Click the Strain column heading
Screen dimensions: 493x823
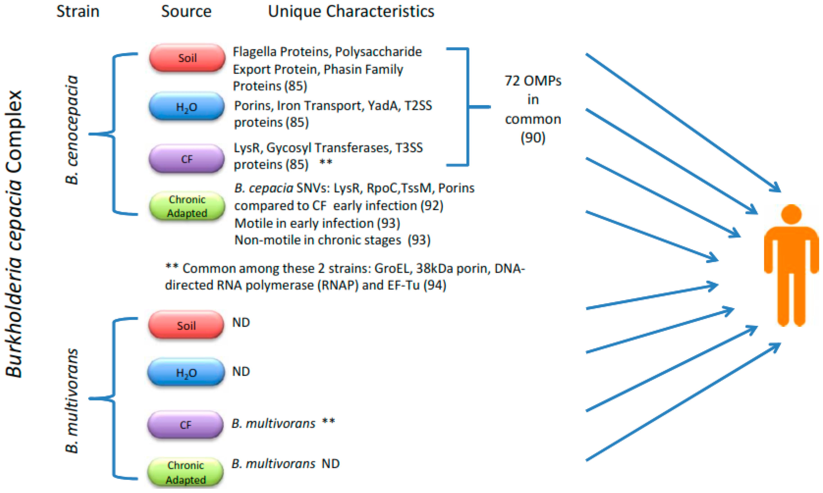tap(78, 12)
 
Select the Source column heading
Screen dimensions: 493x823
tap(186, 12)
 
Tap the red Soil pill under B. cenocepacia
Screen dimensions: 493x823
tap(187, 58)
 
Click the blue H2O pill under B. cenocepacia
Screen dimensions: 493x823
tap(187, 107)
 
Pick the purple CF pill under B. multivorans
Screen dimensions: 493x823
tap(185, 425)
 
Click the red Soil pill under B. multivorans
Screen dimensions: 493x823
tap(186, 325)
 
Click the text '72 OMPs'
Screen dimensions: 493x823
tap(533, 81)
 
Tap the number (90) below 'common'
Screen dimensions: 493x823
tap(533, 137)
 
